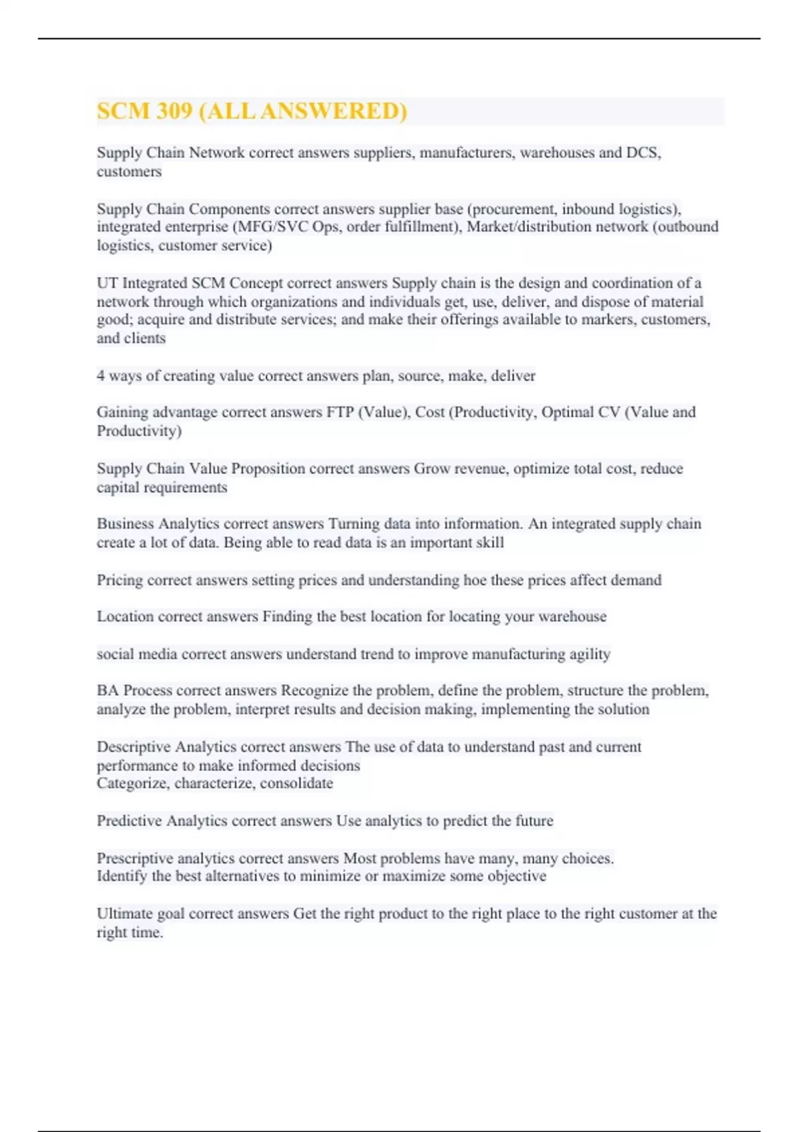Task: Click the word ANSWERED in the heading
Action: coord(333,111)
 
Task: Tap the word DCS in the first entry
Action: coord(643,152)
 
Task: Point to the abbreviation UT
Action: coord(107,283)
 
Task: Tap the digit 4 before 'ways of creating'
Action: coord(101,376)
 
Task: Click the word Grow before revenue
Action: coord(432,468)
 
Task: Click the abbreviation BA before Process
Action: coord(107,691)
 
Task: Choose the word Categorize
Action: coord(132,783)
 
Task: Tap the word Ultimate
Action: coord(125,914)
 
